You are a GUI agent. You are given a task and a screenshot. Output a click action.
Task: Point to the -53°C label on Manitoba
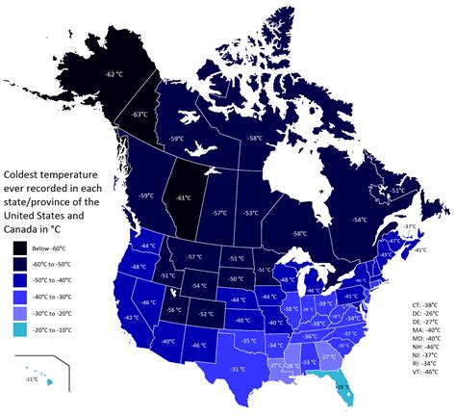tap(250, 213)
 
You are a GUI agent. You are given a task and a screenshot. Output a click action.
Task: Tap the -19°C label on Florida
tap(341, 387)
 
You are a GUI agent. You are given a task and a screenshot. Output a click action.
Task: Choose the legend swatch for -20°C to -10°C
tap(21, 329)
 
